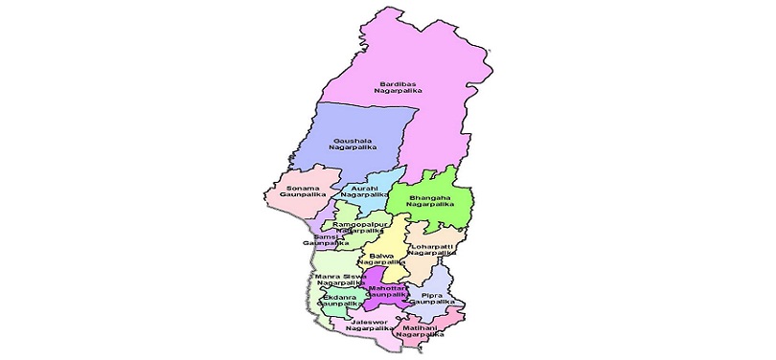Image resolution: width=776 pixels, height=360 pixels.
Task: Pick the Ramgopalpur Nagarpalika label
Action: coord(357,228)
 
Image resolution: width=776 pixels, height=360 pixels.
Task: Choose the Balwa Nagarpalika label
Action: coord(384,259)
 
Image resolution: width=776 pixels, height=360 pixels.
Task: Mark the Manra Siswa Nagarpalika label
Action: coord(340,280)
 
